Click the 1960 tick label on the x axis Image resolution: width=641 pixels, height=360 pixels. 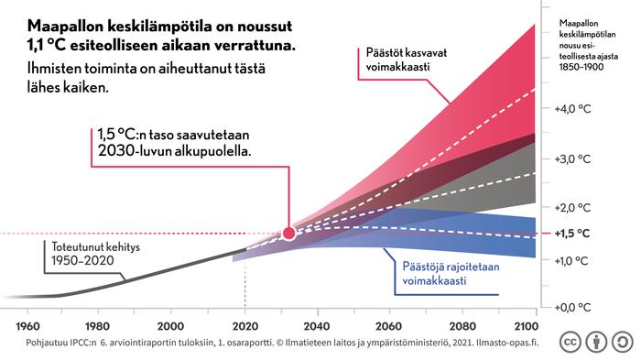27,326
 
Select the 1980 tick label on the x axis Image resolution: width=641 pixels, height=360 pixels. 97,326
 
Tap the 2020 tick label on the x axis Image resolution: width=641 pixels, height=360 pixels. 244,326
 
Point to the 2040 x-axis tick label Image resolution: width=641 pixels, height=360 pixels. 316,326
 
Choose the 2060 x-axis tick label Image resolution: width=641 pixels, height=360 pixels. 388,326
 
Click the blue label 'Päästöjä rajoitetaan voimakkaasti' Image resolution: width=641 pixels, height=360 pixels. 435,274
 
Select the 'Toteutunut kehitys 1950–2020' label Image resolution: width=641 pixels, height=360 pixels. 85,254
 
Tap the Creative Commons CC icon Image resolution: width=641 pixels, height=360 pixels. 569,341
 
